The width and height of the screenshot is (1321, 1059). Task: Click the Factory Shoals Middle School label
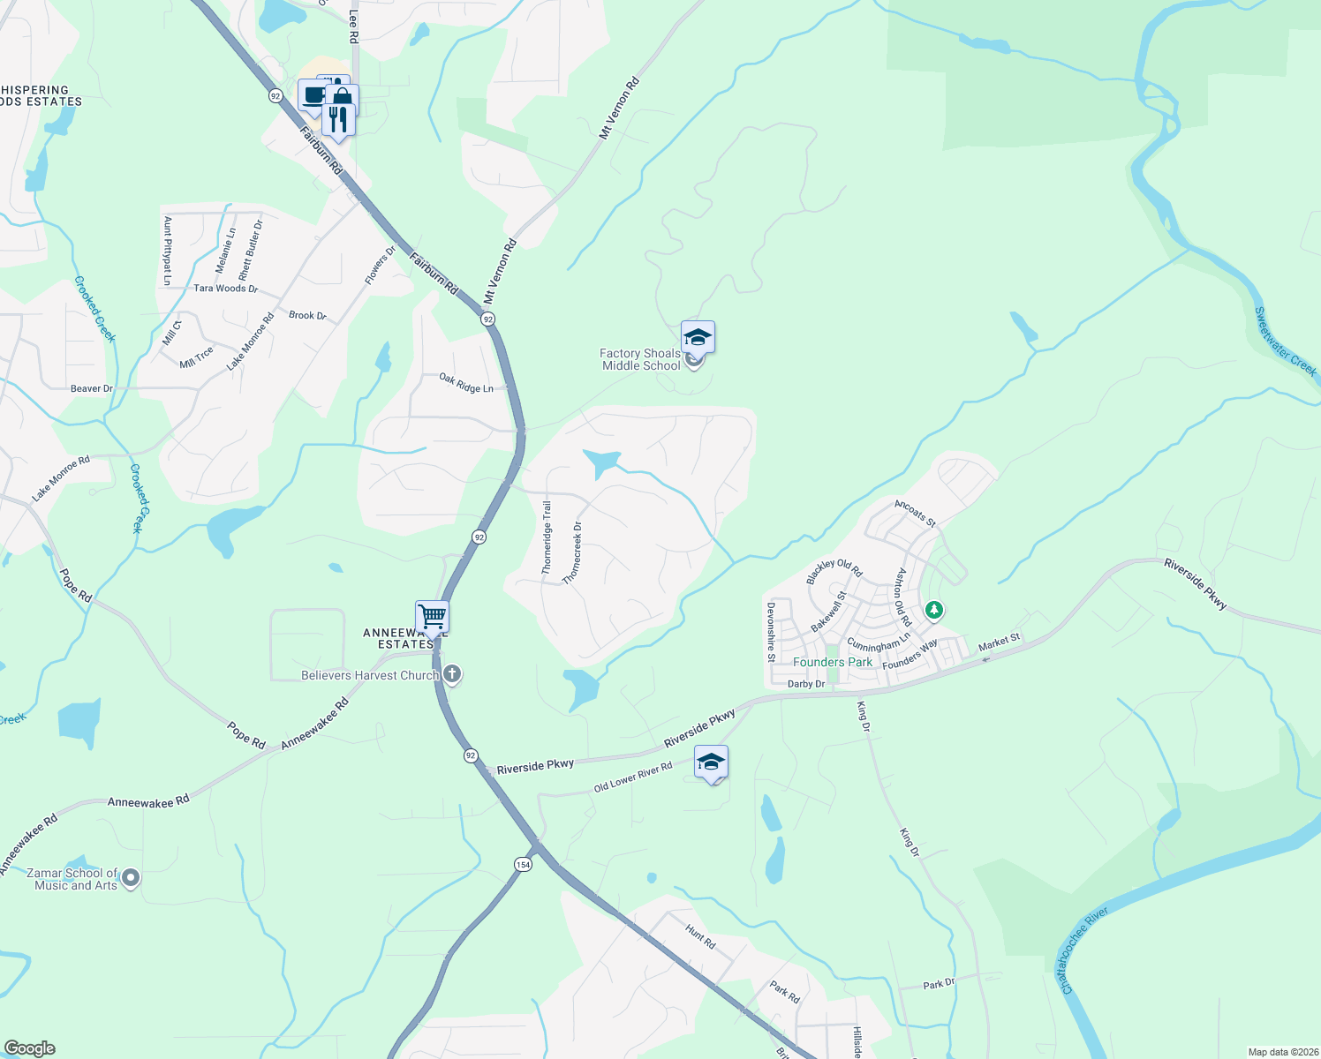tap(641, 359)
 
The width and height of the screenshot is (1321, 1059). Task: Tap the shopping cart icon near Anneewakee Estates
tap(432, 616)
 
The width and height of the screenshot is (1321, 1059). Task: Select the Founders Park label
tap(832, 662)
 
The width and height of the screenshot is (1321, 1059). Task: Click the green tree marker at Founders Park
tap(933, 610)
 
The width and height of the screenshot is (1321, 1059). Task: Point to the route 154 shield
tap(523, 864)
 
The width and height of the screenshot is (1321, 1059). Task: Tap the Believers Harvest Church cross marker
tap(452, 676)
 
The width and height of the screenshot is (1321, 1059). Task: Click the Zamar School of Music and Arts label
tap(75, 879)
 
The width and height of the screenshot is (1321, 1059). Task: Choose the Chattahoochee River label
tap(1084, 950)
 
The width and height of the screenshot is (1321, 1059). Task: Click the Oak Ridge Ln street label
tap(466, 383)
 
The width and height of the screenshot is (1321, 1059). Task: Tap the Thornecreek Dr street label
tap(572, 552)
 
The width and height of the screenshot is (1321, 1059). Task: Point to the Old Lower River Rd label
tap(632, 777)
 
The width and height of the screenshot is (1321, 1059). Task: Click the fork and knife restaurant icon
tap(338, 117)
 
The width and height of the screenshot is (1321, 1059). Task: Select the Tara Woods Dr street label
tap(225, 289)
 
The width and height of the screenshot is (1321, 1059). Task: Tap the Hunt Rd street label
tap(700, 935)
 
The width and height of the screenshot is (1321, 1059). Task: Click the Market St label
tap(999, 642)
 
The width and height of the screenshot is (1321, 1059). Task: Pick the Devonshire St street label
tap(771, 632)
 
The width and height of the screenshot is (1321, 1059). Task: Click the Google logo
tap(29, 1048)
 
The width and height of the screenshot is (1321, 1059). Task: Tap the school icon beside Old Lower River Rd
tap(711, 762)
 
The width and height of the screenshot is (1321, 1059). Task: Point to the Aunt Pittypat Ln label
tap(168, 252)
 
